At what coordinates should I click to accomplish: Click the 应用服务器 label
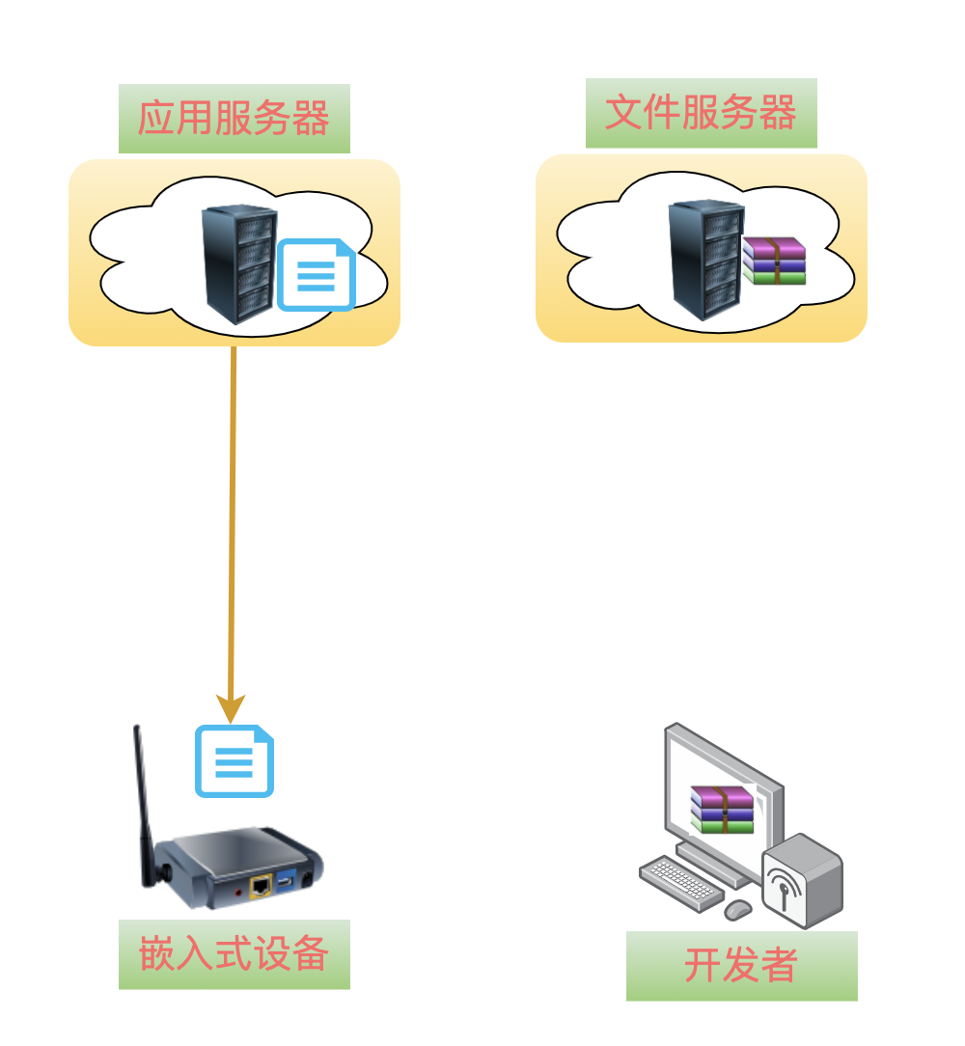point(234,119)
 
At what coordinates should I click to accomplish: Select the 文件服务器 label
point(701,113)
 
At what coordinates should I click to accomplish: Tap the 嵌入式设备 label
point(234,954)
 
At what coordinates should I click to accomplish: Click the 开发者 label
point(741,965)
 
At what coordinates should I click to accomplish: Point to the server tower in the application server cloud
point(238,263)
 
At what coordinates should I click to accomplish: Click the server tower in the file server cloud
point(705,259)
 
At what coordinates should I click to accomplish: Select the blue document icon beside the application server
point(316,275)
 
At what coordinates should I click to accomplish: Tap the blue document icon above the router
point(234,761)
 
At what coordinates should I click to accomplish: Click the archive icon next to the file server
point(774,261)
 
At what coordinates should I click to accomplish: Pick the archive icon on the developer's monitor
point(722,809)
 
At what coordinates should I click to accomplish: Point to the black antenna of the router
point(143,801)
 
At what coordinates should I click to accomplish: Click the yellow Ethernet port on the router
point(260,886)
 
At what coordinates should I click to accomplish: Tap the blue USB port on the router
point(286,881)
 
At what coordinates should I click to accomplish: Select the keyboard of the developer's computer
point(680,882)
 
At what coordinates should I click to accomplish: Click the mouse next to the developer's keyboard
point(738,909)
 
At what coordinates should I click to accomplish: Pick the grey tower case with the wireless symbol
point(802,880)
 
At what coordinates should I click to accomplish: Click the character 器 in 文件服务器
point(777,113)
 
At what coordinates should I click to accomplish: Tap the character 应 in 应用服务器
point(156,119)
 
